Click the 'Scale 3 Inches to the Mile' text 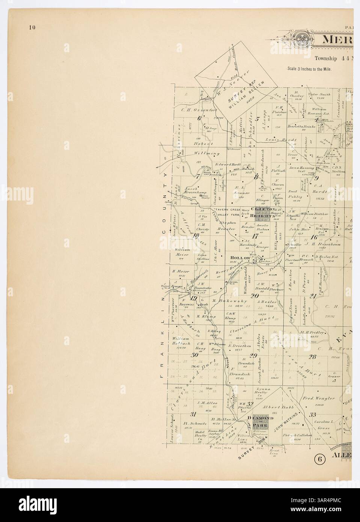click(309, 69)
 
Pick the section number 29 click(253, 356)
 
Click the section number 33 click(312, 415)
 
